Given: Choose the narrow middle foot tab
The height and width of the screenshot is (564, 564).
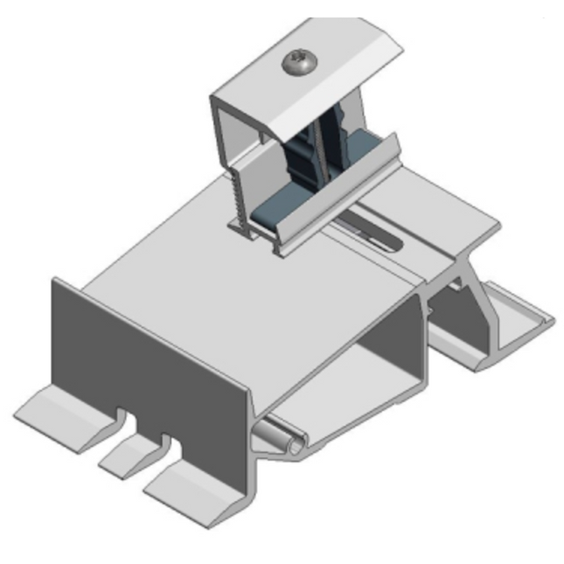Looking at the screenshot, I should [128, 452].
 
